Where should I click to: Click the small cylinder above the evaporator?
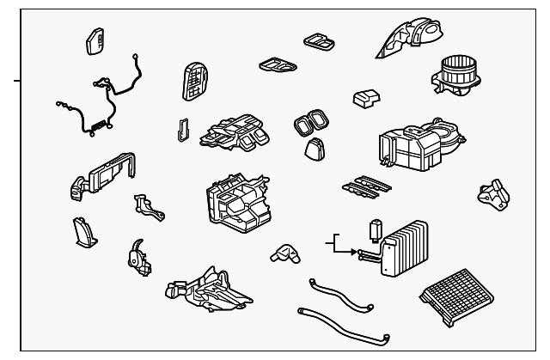pyautogui.click(x=375, y=230)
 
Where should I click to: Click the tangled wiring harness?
pyautogui.click(x=99, y=103)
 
